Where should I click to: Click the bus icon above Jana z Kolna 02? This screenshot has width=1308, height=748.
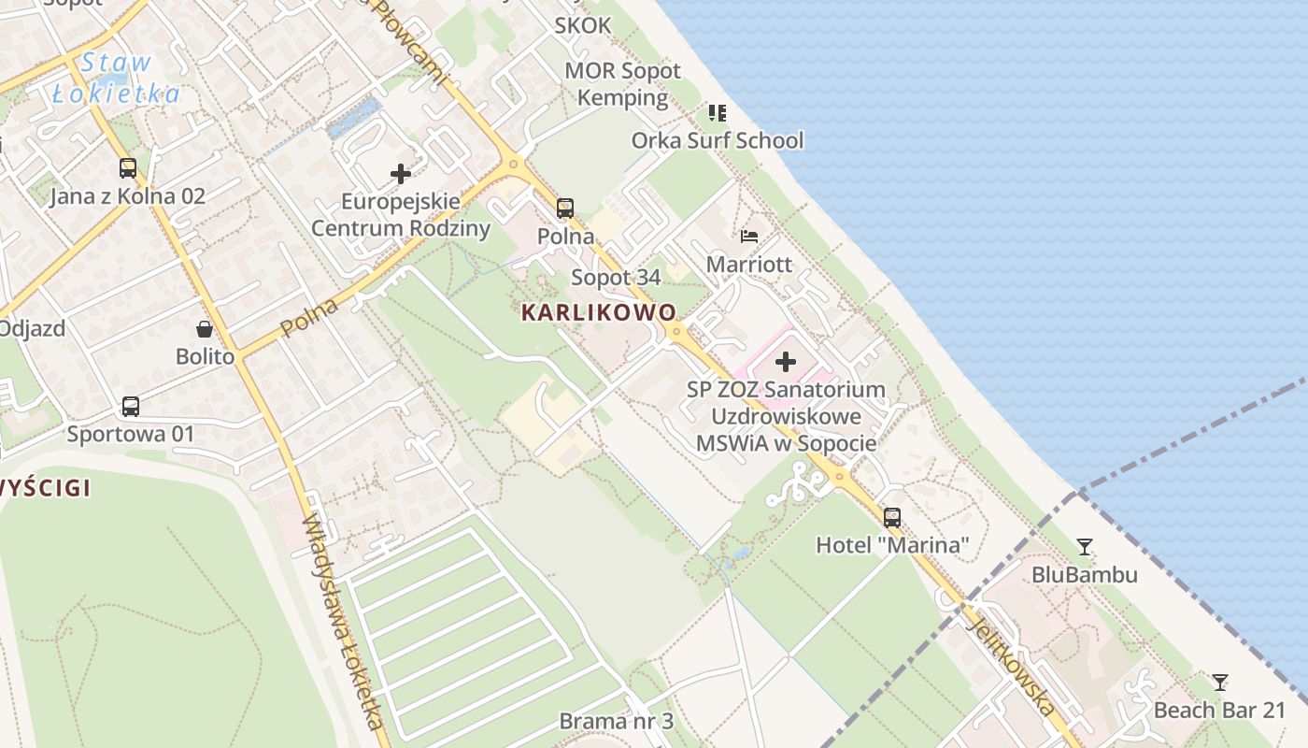click(128, 168)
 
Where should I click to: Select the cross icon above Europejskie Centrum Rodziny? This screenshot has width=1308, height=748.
click(401, 174)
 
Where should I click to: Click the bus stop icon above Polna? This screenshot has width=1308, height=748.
click(565, 209)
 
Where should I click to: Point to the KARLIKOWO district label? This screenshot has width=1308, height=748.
click(599, 312)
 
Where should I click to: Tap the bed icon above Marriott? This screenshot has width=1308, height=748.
click(749, 236)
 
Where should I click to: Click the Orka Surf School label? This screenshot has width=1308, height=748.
click(717, 140)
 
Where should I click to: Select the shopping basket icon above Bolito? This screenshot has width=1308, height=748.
click(205, 328)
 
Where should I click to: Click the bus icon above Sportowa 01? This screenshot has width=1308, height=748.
click(131, 407)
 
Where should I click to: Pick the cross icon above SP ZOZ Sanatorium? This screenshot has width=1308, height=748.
click(786, 362)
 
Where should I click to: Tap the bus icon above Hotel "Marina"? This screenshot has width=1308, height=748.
click(892, 517)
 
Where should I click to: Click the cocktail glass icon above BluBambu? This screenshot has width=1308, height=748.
click(1084, 546)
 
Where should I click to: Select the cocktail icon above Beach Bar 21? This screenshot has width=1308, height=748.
click(1219, 682)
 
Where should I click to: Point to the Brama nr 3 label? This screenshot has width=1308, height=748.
click(616, 721)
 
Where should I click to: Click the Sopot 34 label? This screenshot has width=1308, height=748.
click(616, 277)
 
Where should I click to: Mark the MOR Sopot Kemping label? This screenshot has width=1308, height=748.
click(623, 84)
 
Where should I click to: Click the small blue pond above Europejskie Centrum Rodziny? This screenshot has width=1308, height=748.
click(353, 120)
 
